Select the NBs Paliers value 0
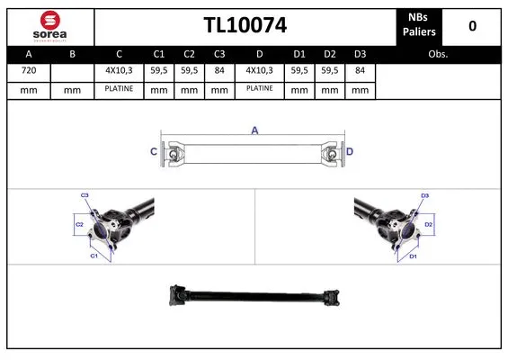point(471,26)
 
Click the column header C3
point(219,54)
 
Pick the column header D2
point(331,54)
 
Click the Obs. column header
point(438,54)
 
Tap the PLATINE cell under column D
point(259,89)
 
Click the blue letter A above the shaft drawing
point(254,131)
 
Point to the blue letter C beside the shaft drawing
point(153,152)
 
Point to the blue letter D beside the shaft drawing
point(351,152)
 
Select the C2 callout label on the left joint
point(79,223)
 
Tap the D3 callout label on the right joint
point(424,194)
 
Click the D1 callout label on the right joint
point(413,256)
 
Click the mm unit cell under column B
point(73,89)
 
